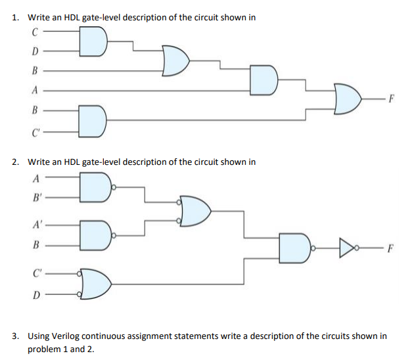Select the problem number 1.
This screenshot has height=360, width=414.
[16, 17]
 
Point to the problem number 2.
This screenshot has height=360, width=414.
[16, 162]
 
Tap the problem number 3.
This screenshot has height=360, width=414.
[16, 336]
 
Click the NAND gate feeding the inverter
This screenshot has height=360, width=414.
[294, 249]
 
